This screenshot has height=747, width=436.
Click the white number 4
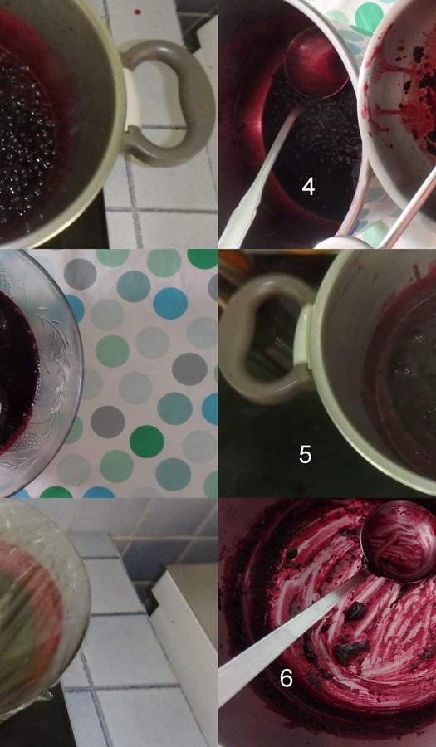click(x=308, y=186)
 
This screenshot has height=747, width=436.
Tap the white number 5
click(x=305, y=455)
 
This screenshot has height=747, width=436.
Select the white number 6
click(x=286, y=678)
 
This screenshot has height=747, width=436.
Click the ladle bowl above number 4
click(x=316, y=62)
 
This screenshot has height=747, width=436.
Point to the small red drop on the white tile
click(x=138, y=12)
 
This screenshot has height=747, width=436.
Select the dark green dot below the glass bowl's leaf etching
click(x=147, y=442)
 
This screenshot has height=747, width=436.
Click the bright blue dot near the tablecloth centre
click(x=170, y=303)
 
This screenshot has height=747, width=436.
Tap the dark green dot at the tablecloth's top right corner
click(x=203, y=258)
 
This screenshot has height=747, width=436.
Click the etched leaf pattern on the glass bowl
click(x=50, y=386)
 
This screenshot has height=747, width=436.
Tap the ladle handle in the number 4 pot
click(x=257, y=176)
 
